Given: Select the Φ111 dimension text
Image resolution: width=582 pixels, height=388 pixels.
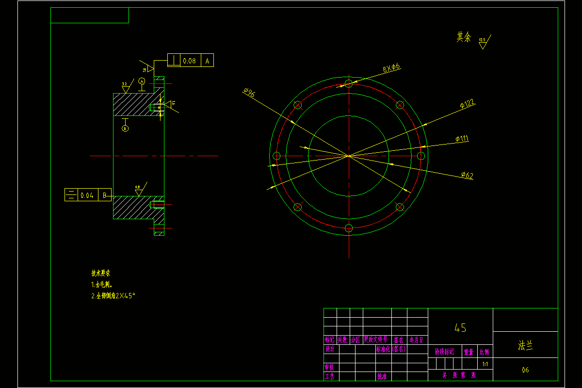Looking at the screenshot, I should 462,139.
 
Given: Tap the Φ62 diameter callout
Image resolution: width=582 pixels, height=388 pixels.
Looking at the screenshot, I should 467,175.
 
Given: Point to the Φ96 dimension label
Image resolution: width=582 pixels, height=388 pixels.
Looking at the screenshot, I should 249,92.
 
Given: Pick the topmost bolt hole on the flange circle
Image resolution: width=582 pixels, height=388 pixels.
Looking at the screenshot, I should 348,83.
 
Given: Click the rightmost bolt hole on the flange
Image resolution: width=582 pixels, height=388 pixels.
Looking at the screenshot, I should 420,156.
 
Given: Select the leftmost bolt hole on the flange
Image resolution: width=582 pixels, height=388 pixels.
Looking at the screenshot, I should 277,156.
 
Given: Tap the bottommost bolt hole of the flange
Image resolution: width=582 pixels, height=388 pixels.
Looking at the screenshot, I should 348,227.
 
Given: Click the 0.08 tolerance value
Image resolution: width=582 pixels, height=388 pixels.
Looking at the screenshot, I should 190,61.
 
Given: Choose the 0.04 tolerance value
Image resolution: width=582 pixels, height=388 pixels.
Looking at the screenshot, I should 87,195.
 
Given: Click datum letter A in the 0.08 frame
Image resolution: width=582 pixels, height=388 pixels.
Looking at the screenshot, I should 207,61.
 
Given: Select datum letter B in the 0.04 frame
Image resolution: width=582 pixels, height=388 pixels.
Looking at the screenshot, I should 104,195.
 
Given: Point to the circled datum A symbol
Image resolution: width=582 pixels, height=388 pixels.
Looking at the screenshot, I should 142,81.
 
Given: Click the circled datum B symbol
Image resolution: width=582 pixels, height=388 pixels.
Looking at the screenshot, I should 125,129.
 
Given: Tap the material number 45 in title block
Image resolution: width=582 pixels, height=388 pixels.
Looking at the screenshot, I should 460,328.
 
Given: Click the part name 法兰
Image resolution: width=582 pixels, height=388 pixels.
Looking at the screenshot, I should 525,346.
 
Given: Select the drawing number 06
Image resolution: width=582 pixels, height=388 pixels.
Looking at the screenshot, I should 525,370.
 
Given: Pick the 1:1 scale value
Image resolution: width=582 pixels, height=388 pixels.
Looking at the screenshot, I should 485,364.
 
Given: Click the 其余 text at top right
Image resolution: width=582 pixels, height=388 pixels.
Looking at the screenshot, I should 463,37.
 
